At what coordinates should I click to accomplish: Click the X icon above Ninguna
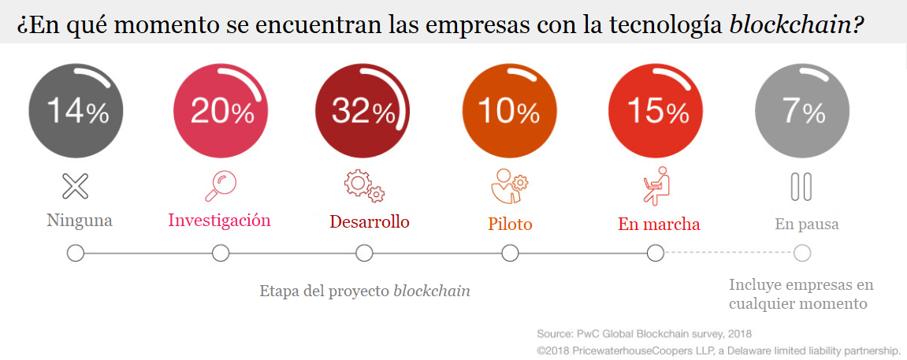tap(76, 187)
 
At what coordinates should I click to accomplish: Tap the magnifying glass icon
tap(220, 187)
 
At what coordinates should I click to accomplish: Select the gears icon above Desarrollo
tap(363, 186)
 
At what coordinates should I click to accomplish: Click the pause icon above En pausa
tap(801, 187)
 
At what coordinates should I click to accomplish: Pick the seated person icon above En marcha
tap(656, 186)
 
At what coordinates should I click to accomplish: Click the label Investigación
tap(219, 221)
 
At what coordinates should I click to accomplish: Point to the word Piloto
tap(510, 225)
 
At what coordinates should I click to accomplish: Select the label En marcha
tap(659, 225)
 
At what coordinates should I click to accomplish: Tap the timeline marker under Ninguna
tap(76, 253)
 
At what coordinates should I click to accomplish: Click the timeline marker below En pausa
tap(802, 253)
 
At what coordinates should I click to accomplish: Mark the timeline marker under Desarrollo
tap(364, 253)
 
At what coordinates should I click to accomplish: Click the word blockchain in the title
tap(791, 25)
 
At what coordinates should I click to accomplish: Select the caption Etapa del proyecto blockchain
tap(365, 291)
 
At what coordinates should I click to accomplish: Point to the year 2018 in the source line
tap(739, 334)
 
